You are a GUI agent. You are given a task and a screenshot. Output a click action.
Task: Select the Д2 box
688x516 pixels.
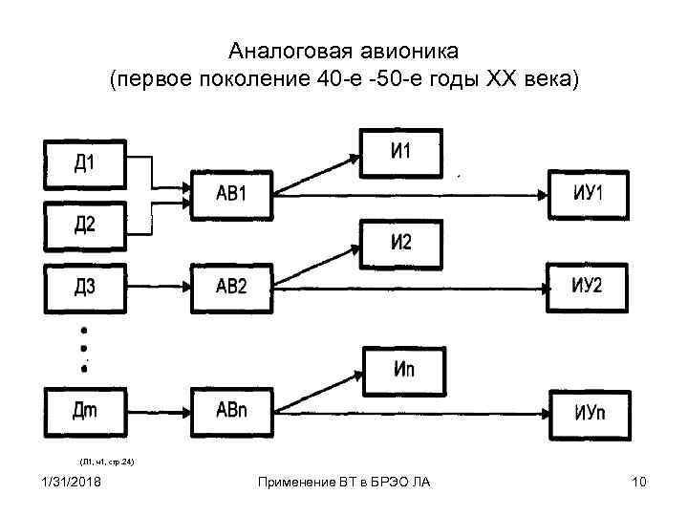point(84,225)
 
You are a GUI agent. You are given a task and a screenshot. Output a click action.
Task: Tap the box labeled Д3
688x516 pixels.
point(84,286)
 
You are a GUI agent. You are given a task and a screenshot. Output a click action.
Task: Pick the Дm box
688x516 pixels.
point(84,412)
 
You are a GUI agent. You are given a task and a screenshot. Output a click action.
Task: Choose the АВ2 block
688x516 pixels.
point(232,286)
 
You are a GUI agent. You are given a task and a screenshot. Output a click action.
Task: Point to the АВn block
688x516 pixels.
point(232,412)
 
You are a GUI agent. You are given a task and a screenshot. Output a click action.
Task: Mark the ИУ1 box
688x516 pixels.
point(589,194)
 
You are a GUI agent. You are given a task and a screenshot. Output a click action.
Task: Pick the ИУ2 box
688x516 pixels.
point(589,286)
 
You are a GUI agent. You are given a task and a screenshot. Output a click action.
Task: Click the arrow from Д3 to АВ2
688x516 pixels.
point(159,286)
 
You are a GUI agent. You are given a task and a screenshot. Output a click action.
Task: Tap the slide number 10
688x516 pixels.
point(639,481)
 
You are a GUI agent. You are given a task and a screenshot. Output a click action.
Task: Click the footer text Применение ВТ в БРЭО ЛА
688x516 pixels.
point(344,481)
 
